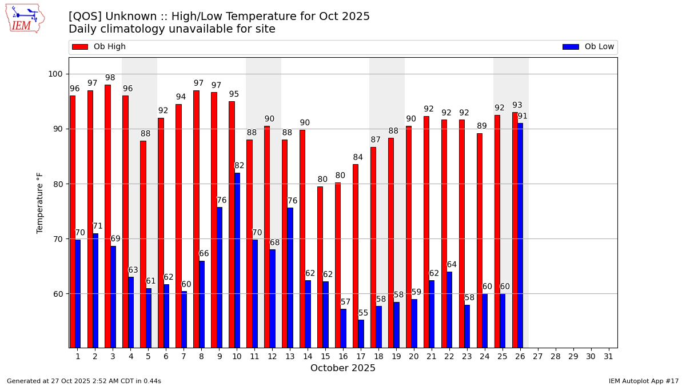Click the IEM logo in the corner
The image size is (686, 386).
coord(25,18)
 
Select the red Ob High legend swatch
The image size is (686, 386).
coord(80,47)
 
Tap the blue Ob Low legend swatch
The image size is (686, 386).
coord(571,47)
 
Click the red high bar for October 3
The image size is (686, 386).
coord(107,216)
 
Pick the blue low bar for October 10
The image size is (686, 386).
coord(237,260)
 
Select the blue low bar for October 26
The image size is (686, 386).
coord(520,235)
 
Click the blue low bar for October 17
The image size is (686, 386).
coord(361,333)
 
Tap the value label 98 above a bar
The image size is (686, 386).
coord(110,78)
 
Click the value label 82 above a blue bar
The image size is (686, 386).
coord(239,166)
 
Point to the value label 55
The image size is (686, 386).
coord(364,313)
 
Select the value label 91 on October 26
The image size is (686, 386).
coord(523,116)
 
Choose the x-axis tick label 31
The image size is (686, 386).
coord(608,356)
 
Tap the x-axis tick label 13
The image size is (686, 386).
coord(290,356)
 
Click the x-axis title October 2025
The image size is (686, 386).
coord(343,368)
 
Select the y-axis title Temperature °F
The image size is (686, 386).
coord(40,202)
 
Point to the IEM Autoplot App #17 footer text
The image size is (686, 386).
coord(643,381)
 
